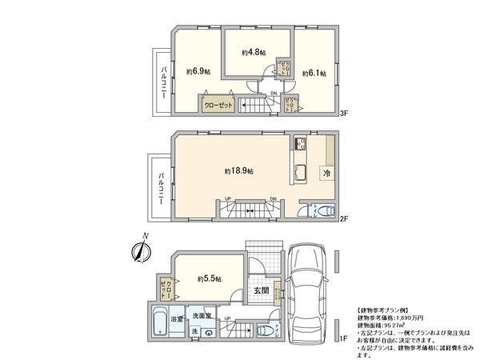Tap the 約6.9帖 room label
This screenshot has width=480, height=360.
coord(198,72)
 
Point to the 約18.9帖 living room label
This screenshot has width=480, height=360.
coord(238,171)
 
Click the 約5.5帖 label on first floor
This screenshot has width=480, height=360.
coord(210,278)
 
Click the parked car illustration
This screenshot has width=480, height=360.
coord(307,288)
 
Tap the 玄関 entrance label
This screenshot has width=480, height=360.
coord(261,290)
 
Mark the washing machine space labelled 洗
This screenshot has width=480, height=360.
coord(194,331)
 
